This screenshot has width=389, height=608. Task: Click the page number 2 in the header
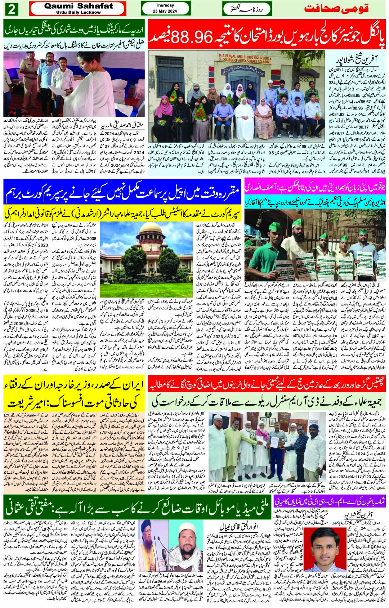coord(12,9)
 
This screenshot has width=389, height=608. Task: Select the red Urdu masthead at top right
coord(336,9)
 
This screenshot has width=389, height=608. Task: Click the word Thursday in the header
coord(165,5)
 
